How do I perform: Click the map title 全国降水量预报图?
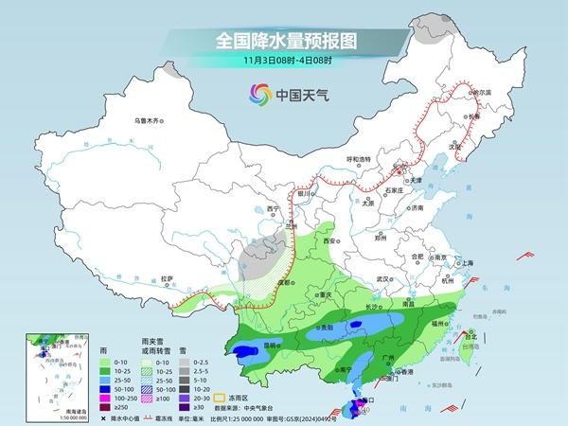coord(284,41)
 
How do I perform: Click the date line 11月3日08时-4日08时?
coord(284,62)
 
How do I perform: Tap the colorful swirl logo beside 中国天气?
coord(257,94)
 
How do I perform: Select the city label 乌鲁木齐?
coord(150,120)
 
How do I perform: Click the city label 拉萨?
coord(168,278)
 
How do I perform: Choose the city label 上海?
coord(465,262)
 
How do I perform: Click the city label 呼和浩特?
coord(361,159)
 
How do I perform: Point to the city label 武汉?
coord(382,280)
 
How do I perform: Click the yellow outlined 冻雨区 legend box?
coord(223,387)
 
